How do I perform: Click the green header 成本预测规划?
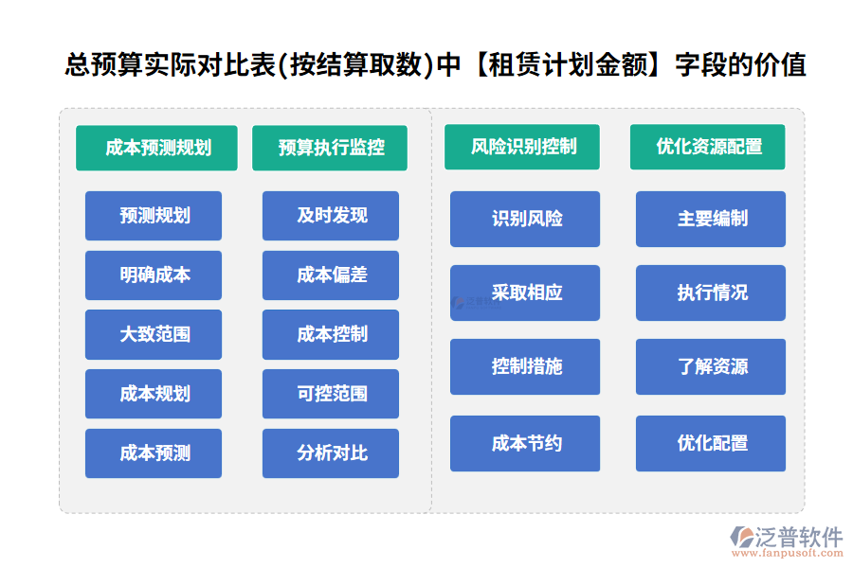click(x=156, y=148)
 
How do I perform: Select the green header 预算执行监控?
click(x=330, y=148)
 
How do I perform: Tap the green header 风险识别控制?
click(x=522, y=147)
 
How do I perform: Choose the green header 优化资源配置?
click(x=708, y=147)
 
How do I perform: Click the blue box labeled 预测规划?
click(x=154, y=216)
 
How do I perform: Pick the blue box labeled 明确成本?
click(x=154, y=275)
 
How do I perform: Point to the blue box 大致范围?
click(x=154, y=334)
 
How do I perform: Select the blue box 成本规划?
click(x=154, y=394)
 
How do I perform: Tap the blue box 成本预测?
click(x=154, y=453)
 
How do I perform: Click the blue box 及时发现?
click(x=331, y=216)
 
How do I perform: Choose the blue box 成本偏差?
click(x=331, y=275)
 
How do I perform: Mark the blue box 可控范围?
click(x=331, y=394)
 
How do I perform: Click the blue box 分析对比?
click(x=331, y=453)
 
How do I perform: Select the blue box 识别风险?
click(x=525, y=219)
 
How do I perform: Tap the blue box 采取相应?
click(x=525, y=293)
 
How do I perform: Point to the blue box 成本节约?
click(x=525, y=443)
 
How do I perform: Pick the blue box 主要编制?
click(x=711, y=219)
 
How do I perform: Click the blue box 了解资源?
click(x=711, y=366)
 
